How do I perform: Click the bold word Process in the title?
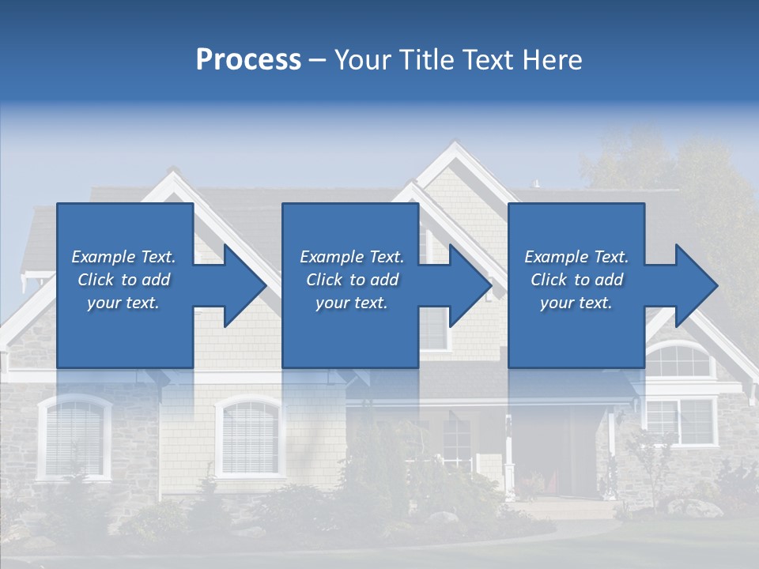[248, 60]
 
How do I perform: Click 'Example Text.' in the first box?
[123, 257]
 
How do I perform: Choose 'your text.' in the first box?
[123, 303]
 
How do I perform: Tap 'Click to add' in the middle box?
[352, 280]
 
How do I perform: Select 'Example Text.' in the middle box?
[352, 257]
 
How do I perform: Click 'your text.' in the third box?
[576, 303]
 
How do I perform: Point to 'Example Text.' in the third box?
[576, 257]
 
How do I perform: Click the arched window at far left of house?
[74, 436]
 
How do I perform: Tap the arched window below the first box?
[249, 436]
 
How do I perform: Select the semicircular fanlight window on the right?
[678, 360]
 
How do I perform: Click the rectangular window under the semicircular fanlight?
[680, 420]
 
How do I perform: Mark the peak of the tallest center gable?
[453, 146]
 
